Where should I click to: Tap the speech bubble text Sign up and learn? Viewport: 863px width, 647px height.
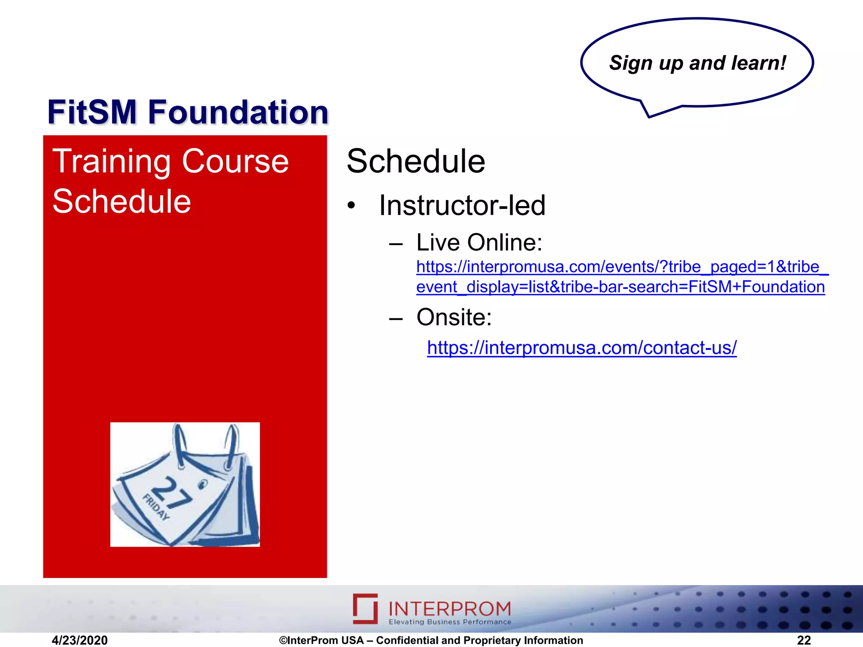tap(697, 63)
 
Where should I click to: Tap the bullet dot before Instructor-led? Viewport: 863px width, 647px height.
tap(351, 206)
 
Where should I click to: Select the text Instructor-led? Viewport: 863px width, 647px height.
tap(462, 206)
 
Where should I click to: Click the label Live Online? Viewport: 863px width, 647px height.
tap(479, 243)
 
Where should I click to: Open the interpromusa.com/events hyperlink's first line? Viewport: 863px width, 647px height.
tap(622, 267)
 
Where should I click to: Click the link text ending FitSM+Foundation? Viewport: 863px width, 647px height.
tap(620, 287)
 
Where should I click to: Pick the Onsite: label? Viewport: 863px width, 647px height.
tap(454, 317)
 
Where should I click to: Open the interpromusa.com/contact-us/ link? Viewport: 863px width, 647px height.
tap(582, 348)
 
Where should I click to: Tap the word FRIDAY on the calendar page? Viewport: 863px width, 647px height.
tap(156, 507)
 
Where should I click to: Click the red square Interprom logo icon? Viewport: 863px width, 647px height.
tap(365, 608)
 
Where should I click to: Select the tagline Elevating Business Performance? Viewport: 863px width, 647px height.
tap(450, 622)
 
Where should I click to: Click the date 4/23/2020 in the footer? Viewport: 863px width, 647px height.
tap(80, 640)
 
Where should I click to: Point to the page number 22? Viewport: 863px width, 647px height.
tap(804, 640)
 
